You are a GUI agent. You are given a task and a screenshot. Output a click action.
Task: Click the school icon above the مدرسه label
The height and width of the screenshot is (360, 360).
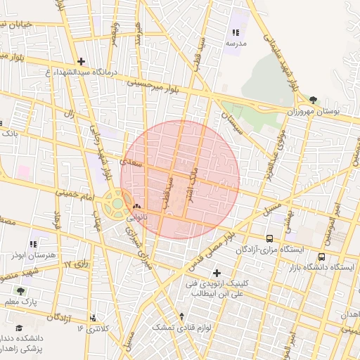236,32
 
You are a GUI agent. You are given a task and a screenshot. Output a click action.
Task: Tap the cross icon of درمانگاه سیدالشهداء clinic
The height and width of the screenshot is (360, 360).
82,61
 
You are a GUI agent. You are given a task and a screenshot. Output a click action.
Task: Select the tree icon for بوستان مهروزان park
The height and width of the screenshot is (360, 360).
312,100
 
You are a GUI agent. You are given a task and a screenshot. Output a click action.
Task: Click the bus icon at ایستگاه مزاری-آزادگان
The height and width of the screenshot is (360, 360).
270,238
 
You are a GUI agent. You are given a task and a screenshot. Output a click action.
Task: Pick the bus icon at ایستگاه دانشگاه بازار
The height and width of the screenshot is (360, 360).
321,257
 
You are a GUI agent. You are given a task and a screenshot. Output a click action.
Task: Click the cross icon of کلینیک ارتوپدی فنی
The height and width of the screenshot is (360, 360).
216,272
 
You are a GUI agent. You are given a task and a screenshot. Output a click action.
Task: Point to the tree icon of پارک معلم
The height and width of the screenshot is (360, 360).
20,290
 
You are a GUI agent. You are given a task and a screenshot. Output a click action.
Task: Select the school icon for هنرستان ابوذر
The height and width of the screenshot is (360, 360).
34,243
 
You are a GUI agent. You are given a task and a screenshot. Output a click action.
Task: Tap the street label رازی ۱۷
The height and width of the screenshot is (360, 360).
78,264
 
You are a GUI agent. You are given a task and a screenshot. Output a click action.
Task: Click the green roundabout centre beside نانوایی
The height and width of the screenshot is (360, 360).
116,204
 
